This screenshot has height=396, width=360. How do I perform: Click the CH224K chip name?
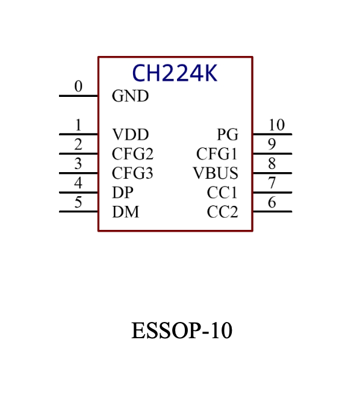pos(175,73)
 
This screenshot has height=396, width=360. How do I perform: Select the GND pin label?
pos(131,96)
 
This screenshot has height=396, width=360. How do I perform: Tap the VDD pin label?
pos(131,134)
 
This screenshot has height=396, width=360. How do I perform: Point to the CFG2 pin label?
pos(132,154)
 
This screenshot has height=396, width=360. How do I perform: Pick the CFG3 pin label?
pos(132,173)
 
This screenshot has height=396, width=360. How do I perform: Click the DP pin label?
pos(123,193)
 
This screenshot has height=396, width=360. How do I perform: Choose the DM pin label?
pos(126,212)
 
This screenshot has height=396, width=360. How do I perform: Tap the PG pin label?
pos(228,134)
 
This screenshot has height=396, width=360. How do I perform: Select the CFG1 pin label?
pos(217,154)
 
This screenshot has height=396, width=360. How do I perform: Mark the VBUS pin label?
pos(216,173)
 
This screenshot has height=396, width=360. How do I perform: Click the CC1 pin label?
pos(222,193)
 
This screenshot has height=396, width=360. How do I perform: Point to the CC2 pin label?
pos(222,212)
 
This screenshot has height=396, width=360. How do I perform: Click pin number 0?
pos(78,87)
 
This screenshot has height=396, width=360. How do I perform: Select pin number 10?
pos(277,125)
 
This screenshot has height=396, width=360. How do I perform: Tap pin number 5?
pos(78,202)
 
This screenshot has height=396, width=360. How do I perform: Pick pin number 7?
pos(272,183)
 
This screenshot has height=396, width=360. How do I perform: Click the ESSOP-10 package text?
pos(182,330)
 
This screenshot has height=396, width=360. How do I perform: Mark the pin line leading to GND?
pos(79,96)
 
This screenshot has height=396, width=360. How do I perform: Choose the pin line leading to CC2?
pos(272,212)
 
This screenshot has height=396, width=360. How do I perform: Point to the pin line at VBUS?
pos(272,173)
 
